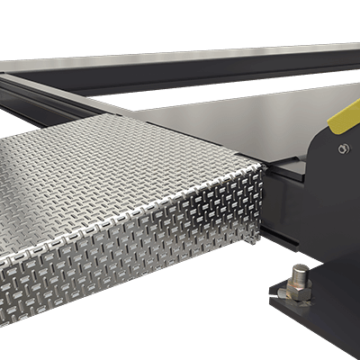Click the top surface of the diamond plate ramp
[x=117, y=171]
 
